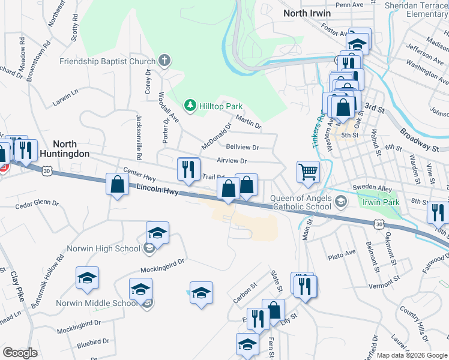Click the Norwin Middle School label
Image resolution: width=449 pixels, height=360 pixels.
(x=97, y=303)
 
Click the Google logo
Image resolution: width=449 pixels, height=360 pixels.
(x=20, y=353)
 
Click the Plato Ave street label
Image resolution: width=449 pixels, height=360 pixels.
(x=342, y=256)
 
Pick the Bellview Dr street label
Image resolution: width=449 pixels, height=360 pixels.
(x=242, y=147)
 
